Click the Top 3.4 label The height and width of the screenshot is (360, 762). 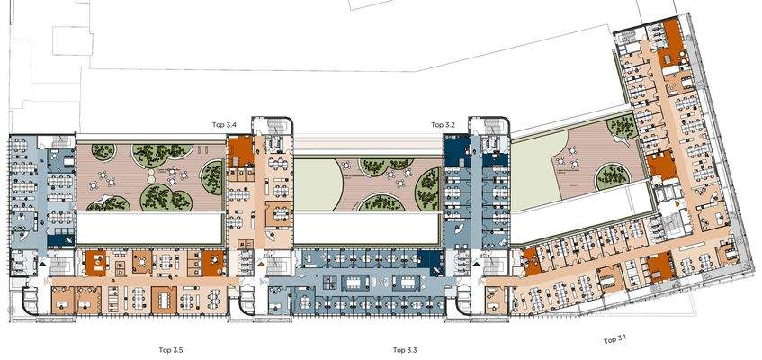(x=224, y=124)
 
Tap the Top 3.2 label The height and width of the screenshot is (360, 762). (x=444, y=124)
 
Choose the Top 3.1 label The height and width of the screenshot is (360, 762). (x=615, y=339)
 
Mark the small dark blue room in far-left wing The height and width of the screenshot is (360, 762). (x=59, y=239)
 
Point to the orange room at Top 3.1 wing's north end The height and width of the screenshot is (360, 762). (x=669, y=57)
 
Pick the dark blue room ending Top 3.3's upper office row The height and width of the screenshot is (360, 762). (x=431, y=263)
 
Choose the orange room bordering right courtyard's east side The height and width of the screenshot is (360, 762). (x=662, y=164)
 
